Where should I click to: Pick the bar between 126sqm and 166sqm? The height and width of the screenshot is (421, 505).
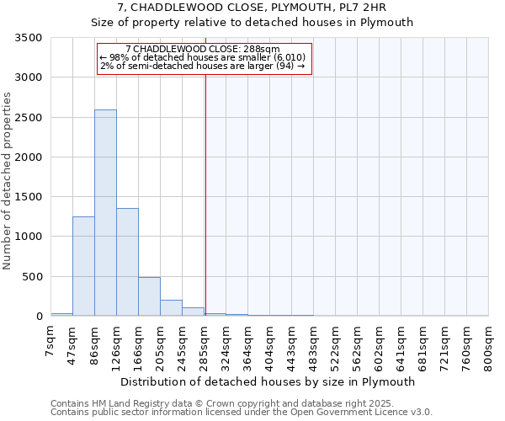127,262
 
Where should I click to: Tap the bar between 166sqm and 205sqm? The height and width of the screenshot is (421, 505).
149,296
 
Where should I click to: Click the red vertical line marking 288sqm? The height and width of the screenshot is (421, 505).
205,210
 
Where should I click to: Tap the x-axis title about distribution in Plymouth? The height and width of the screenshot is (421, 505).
269,381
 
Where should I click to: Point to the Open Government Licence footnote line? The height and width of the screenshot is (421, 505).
242,413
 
